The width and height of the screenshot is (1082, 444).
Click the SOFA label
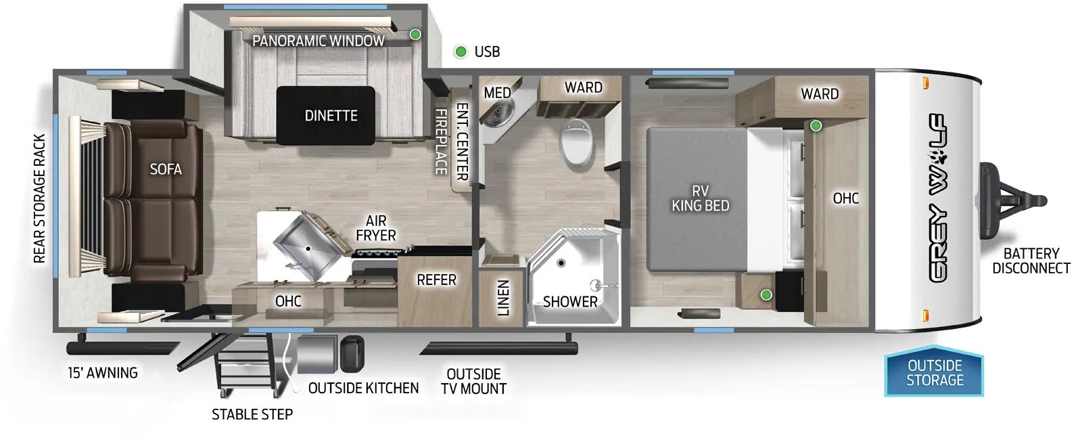[166, 169]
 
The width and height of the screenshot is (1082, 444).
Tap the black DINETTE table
[331, 116]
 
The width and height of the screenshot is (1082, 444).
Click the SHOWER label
[570, 302]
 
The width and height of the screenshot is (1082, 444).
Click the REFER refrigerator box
[436, 280]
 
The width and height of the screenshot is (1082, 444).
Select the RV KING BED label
[700, 198]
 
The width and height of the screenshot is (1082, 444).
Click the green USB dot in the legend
[461, 51]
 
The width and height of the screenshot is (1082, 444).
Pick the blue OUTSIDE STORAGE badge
[935, 373]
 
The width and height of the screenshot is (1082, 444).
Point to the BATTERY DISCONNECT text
[1031, 261]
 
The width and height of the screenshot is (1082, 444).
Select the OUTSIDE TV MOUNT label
[473, 381]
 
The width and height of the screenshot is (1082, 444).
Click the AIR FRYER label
[376, 228]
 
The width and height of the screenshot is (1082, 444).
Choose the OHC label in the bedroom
[845, 198]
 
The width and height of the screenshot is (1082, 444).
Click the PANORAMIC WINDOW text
[318, 41]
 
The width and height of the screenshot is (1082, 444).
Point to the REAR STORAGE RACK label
[39, 198]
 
